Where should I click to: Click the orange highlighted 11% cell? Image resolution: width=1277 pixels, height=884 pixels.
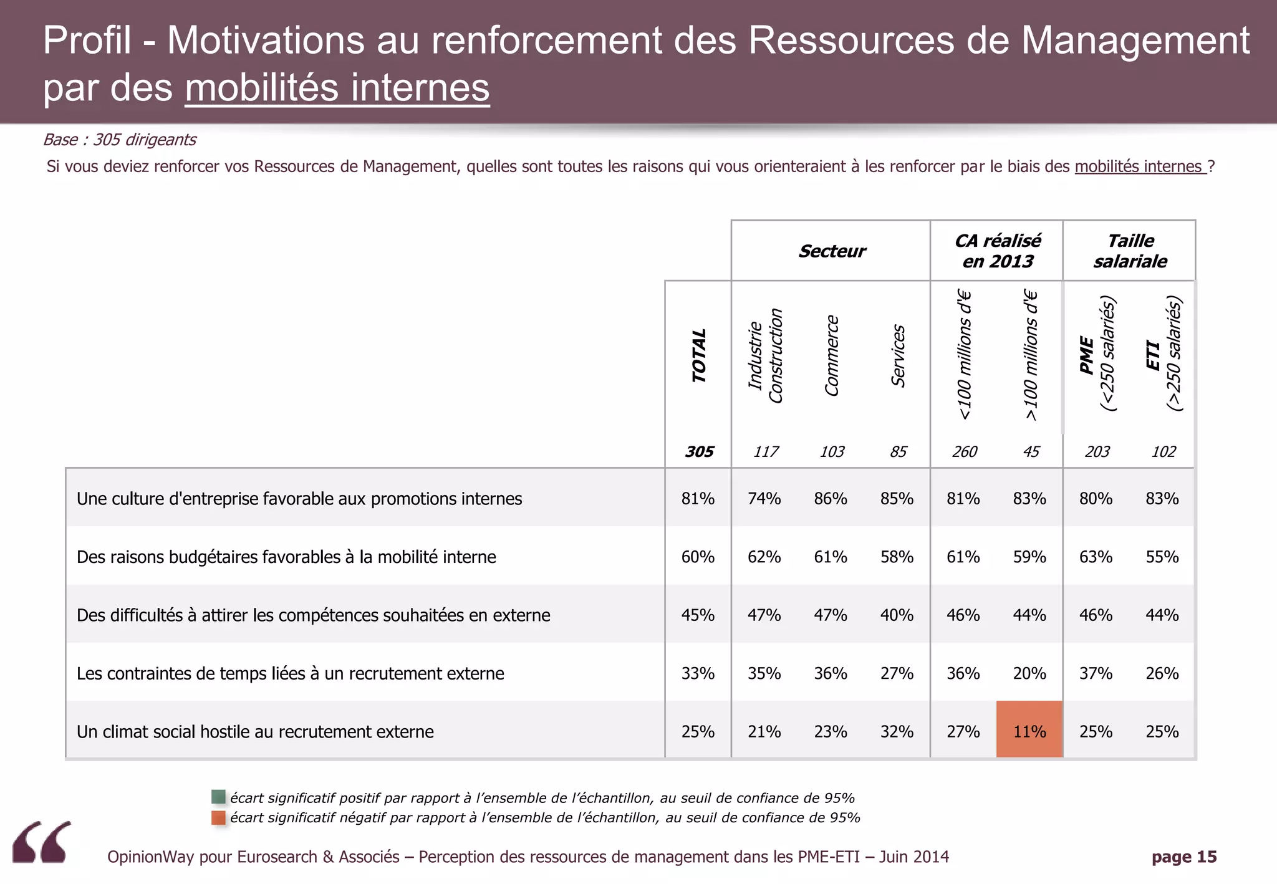(x=1029, y=730)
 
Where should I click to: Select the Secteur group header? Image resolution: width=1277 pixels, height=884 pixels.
(x=832, y=251)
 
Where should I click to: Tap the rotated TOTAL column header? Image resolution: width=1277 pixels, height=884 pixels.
(x=699, y=355)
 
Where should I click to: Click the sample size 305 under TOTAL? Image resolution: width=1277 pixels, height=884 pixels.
(x=699, y=452)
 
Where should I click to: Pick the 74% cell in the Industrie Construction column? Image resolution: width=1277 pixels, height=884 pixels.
(x=764, y=499)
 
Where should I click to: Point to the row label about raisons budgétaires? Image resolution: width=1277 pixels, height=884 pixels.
(x=286, y=557)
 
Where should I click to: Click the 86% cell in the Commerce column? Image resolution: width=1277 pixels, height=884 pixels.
(x=830, y=499)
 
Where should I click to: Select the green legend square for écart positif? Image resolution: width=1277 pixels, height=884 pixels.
(x=218, y=797)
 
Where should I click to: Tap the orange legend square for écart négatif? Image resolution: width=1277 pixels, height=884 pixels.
(x=218, y=817)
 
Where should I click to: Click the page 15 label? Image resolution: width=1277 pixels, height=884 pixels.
(x=1183, y=857)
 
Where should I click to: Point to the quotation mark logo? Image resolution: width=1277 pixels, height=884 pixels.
(x=42, y=842)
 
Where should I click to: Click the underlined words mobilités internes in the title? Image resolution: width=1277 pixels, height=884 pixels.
(x=337, y=88)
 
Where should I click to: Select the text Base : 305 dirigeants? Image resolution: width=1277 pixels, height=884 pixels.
(x=119, y=140)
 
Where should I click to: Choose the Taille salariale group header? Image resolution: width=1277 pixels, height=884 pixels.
(x=1130, y=251)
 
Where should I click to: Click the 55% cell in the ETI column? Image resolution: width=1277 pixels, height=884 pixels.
(x=1162, y=557)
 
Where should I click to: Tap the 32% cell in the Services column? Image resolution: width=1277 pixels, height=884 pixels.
(x=897, y=731)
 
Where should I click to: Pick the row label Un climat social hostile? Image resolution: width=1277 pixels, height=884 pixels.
(x=255, y=731)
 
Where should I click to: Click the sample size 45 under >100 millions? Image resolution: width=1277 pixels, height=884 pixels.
(x=1031, y=452)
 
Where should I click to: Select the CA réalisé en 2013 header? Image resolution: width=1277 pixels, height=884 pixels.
(x=997, y=251)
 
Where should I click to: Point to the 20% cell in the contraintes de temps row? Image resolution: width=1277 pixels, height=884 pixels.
(x=1029, y=673)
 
